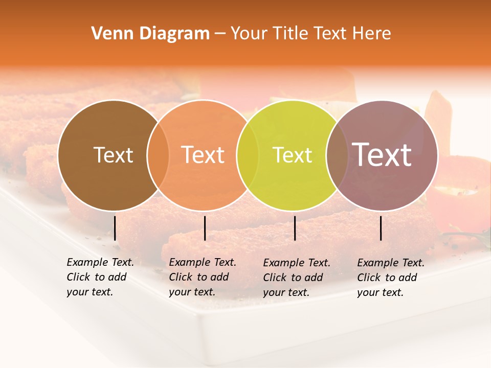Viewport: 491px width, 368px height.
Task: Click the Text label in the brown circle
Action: [113, 155]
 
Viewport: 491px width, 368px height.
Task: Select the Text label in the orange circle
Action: [203, 155]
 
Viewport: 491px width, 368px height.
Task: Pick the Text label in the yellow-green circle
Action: [293, 155]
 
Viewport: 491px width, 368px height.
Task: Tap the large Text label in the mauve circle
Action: [382, 155]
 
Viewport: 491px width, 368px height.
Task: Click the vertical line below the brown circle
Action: [115, 228]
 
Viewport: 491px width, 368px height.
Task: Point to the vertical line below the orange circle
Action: [205, 228]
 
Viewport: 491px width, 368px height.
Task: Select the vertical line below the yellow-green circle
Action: [295, 228]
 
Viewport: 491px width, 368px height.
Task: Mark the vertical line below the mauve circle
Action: [381, 228]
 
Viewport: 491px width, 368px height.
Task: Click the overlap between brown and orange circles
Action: [158, 155]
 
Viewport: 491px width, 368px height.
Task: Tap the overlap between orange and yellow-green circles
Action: [248, 155]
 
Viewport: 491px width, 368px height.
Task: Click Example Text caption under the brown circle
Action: [100, 277]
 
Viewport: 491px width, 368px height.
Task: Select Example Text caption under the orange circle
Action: [203, 277]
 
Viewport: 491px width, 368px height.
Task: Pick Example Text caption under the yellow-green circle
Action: [297, 278]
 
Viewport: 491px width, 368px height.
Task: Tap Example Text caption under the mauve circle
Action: [391, 278]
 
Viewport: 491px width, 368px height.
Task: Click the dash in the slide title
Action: [220, 34]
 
